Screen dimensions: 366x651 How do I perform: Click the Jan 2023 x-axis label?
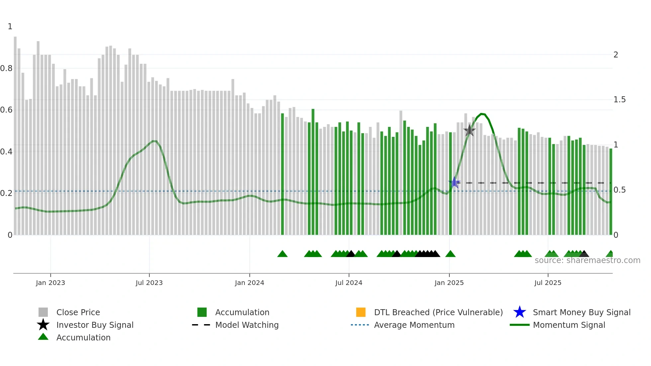tap(50, 283)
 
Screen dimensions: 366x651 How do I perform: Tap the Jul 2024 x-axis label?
tap(349, 283)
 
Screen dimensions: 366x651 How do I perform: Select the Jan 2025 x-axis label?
tap(449, 283)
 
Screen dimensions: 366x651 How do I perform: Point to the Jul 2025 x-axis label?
tap(548, 283)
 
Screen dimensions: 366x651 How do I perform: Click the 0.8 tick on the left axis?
tap(6, 68)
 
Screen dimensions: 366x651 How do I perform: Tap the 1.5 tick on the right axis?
tap(619, 100)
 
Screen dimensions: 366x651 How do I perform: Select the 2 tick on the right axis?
tap(616, 55)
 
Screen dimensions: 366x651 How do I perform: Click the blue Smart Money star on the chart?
tap(454, 182)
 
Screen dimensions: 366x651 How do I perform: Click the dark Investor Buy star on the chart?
tap(469, 130)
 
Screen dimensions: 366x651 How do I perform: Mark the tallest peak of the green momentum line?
tap(482, 114)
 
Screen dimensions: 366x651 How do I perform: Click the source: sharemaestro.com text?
tap(587, 260)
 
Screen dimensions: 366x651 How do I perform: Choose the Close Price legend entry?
tap(78, 312)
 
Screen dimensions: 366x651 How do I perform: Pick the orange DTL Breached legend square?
tap(361, 312)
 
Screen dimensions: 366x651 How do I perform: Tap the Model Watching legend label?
tap(247, 325)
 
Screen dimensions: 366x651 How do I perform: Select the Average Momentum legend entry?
tap(414, 325)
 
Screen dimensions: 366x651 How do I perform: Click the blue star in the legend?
tap(519, 312)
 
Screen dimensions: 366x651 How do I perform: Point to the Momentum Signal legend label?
tap(569, 325)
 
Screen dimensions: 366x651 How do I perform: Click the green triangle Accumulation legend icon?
tap(43, 337)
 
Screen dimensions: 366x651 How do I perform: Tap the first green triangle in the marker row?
tap(282, 254)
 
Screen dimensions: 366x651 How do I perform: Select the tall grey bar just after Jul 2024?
tap(401, 173)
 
